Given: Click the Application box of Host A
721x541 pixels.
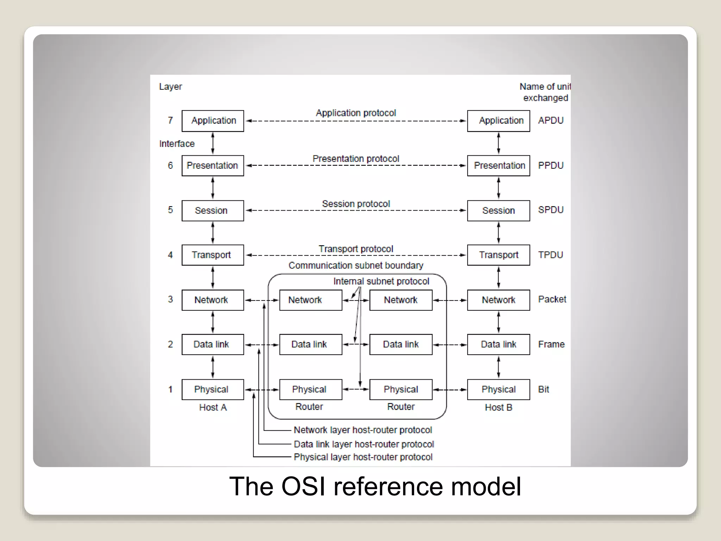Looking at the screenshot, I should (213, 121).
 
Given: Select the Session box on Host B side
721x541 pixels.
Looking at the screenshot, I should (498, 211).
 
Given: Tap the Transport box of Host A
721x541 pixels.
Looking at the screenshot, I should (213, 255).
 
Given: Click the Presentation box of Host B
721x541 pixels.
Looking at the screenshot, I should (498, 166).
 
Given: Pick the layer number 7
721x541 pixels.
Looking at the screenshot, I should (170, 120).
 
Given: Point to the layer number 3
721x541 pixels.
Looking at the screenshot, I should (170, 299).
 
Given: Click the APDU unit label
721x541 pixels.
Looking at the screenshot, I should (551, 120).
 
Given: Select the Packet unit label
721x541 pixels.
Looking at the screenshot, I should (552, 299).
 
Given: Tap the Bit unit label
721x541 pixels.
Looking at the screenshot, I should (544, 389).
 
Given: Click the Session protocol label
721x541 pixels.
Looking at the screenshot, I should (356, 204).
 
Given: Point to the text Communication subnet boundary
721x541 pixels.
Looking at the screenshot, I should (356, 266).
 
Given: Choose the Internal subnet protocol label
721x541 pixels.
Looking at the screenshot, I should (381, 281).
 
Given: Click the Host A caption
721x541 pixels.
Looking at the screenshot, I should (213, 408).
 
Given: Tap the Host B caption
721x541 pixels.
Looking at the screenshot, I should (498, 408).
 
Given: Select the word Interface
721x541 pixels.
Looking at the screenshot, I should (177, 144).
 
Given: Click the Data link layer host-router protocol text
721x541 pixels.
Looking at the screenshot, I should (364, 444).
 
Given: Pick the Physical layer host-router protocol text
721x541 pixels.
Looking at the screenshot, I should (363, 457).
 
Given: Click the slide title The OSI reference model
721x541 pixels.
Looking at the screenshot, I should (375, 486).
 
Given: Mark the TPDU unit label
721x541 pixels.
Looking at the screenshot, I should (551, 255).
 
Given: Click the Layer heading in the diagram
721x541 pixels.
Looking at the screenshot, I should (170, 87).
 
